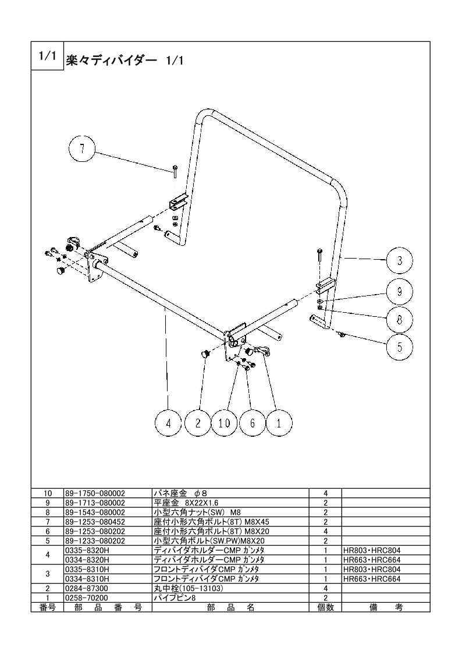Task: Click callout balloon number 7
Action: click(82, 149)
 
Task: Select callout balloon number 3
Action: click(400, 261)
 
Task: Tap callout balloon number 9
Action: click(400, 291)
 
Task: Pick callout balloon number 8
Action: click(400, 320)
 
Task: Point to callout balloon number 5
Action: click(400, 347)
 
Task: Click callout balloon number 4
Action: click(168, 423)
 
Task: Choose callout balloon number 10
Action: click(224, 423)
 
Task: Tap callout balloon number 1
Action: click(279, 423)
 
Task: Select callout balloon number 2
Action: click(198, 423)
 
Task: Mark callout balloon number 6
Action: click(252, 423)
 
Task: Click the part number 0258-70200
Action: click(87, 598)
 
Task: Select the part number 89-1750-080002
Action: click(95, 493)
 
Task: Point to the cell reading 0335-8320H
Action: click(87, 550)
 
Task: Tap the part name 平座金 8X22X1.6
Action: click(186, 503)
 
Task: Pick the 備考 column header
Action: click(386, 607)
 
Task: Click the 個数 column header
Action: click(325, 607)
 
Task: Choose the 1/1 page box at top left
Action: click(47, 56)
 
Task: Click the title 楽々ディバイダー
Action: click(111, 61)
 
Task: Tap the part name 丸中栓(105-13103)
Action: click(189, 588)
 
